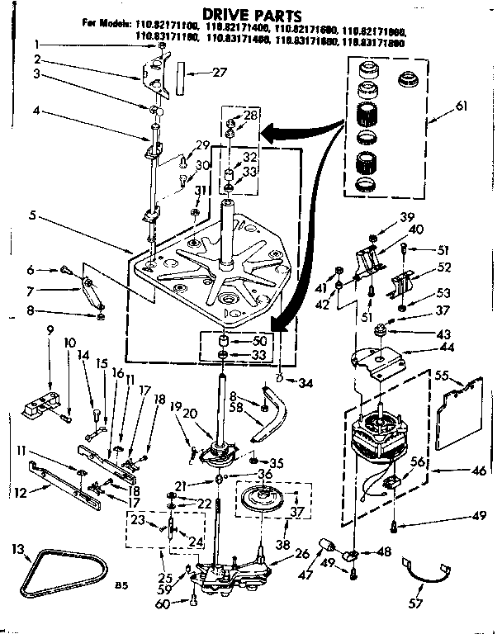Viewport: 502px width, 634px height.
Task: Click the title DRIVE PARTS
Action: pos(250,14)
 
